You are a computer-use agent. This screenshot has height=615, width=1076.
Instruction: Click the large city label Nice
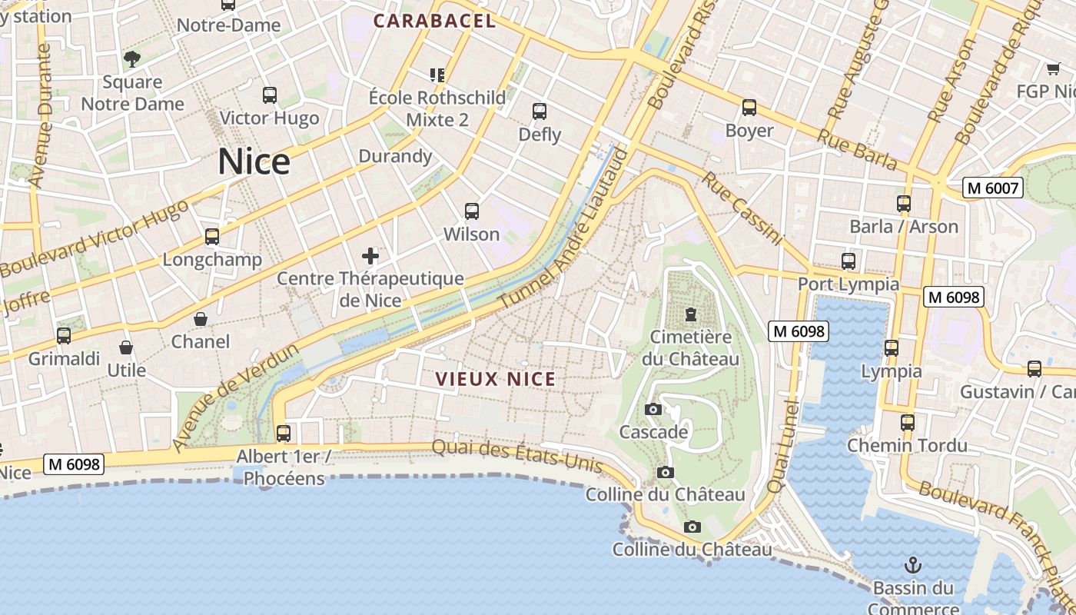[254, 162]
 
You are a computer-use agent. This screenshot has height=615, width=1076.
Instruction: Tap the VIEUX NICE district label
[495, 379]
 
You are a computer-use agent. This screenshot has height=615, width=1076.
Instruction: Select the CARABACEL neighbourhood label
[434, 22]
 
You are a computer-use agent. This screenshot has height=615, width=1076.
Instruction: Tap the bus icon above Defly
[540, 111]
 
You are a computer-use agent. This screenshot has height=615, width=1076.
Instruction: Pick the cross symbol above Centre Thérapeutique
[370, 256]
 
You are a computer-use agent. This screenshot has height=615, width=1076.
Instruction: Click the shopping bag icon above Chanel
[201, 319]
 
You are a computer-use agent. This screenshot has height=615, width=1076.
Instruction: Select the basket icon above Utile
[126, 348]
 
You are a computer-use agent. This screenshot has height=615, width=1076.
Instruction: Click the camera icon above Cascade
[653, 410]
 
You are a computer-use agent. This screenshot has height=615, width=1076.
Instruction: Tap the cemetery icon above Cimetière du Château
[690, 314]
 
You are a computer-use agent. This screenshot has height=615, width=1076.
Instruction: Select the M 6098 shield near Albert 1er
[74, 464]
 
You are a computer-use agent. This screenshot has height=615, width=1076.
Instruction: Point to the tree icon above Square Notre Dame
[132, 59]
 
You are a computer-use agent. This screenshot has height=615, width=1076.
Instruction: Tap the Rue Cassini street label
[741, 208]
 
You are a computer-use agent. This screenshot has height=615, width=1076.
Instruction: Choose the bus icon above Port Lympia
[849, 261]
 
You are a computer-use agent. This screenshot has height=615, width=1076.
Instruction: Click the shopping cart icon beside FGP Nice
[1053, 69]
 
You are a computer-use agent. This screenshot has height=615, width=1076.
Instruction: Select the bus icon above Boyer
[749, 108]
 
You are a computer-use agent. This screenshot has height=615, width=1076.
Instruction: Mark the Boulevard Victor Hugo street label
[96, 239]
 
